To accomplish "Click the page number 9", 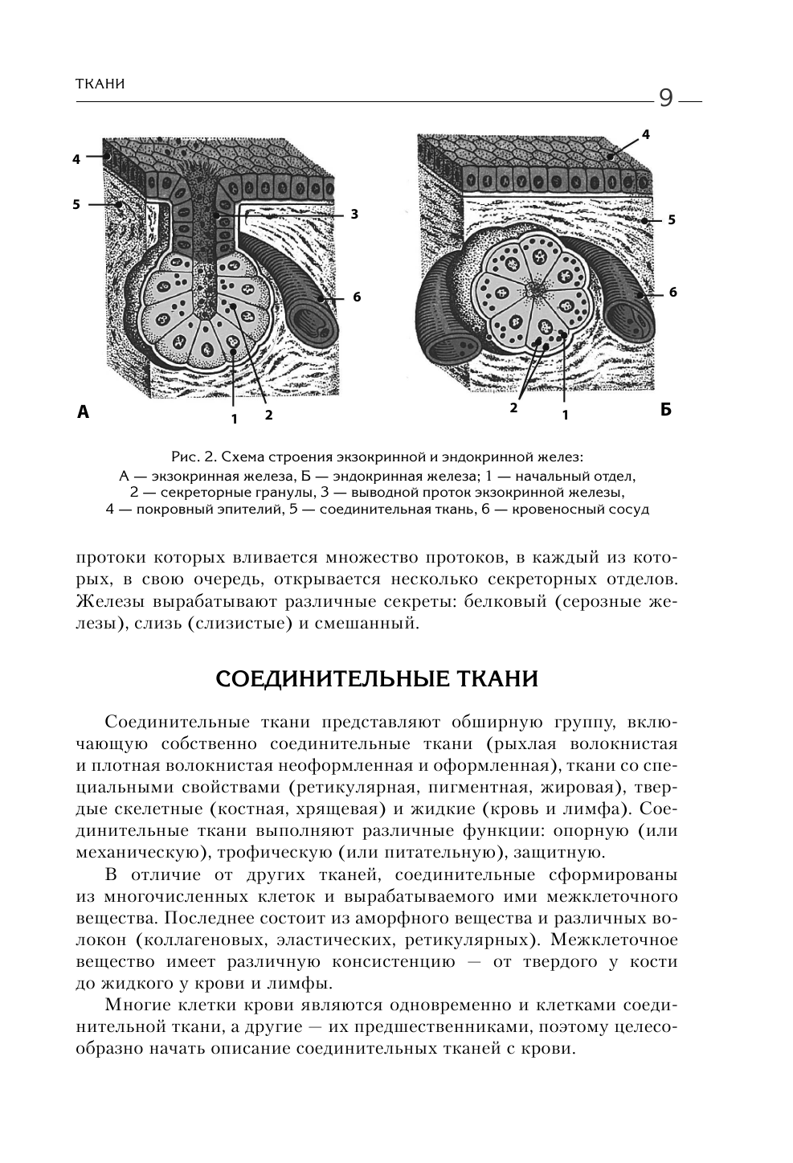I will pos(666,98).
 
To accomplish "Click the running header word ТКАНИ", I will pos(100,84).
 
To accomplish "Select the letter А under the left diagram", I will pos(83,412).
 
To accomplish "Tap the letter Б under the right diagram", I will pos(665,410).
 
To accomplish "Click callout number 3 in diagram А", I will pos(353,214).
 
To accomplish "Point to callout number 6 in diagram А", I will pos(357,297).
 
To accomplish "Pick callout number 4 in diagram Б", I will pos(645,134).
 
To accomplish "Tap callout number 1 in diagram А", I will pos(234,418).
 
